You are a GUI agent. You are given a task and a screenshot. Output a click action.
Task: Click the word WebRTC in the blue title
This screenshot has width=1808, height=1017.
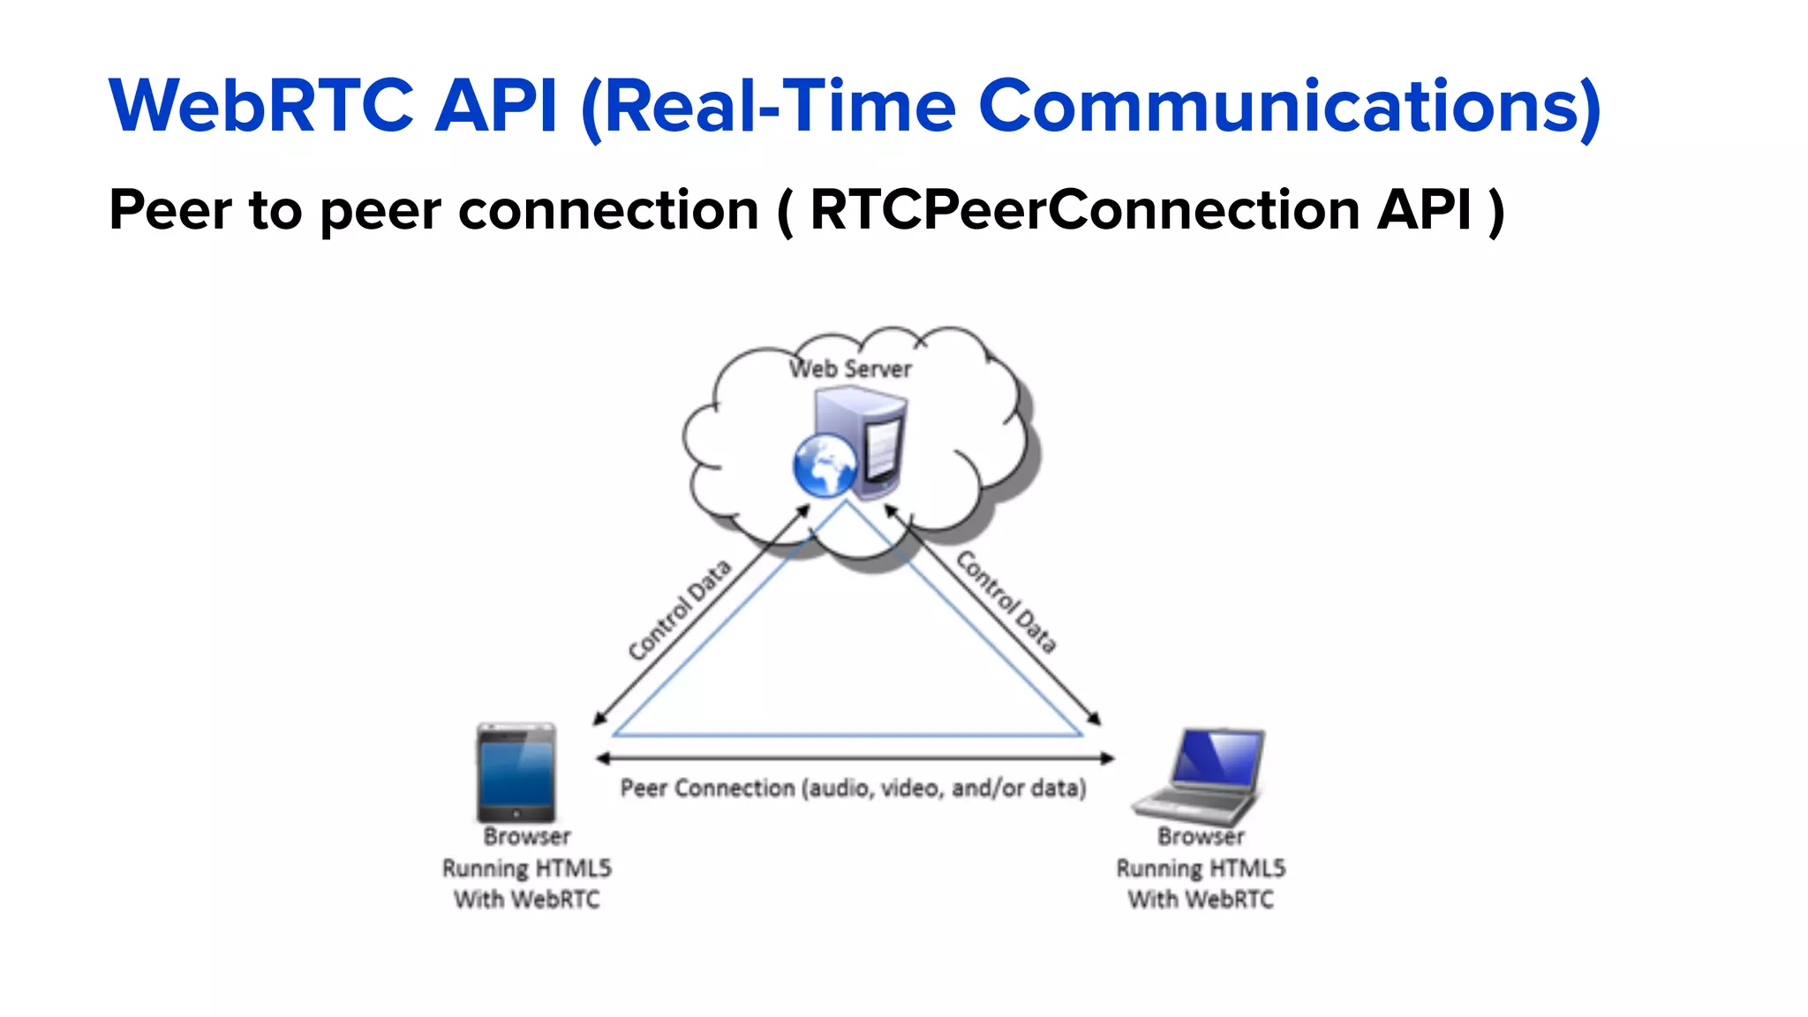(x=261, y=107)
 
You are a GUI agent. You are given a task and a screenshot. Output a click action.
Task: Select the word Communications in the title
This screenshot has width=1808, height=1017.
(x=1289, y=107)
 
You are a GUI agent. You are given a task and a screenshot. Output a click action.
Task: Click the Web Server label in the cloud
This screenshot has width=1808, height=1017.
(x=850, y=369)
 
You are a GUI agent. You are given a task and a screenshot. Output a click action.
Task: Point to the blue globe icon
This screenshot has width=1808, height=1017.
(x=825, y=466)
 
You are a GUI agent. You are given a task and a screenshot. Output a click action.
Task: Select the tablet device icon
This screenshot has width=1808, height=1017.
(x=516, y=772)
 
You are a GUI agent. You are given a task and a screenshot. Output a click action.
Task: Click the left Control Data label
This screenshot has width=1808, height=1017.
(x=680, y=610)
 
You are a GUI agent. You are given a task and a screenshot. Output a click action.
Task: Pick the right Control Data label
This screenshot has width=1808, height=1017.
(x=1006, y=602)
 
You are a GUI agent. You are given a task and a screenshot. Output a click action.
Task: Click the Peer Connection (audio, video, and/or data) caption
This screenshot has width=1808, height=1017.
(x=853, y=787)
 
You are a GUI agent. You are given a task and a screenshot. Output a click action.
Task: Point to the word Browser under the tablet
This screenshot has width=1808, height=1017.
(x=527, y=836)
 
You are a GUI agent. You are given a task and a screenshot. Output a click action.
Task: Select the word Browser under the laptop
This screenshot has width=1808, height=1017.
(x=1201, y=836)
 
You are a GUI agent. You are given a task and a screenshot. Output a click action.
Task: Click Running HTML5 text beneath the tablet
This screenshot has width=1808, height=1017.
(x=527, y=869)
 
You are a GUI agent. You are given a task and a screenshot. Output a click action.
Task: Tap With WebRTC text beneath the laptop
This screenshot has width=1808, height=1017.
(x=1201, y=900)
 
